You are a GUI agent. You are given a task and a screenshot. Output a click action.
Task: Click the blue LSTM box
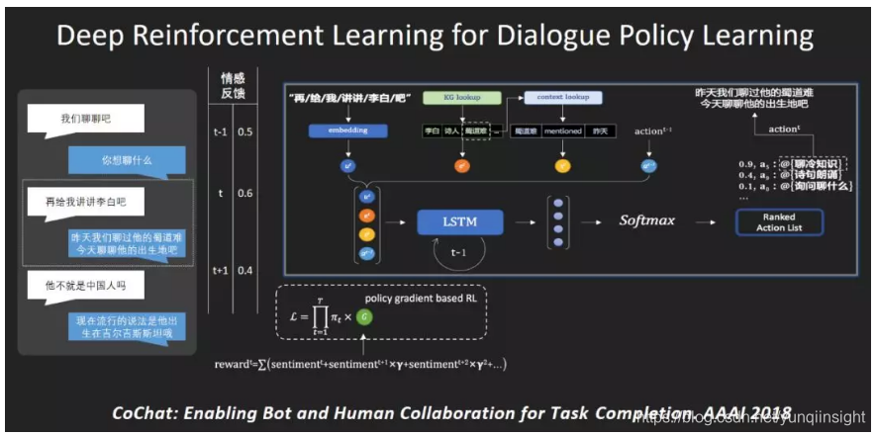coord(459,221)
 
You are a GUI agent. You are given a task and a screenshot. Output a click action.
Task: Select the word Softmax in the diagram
coord(647,220)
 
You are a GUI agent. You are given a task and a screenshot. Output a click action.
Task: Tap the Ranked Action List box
coord(779,222)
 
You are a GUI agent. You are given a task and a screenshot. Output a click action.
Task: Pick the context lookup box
coord(562,98)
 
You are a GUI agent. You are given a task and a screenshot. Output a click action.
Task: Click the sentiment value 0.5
coord(245,131)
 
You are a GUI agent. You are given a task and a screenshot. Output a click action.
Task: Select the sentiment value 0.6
coord(245,195)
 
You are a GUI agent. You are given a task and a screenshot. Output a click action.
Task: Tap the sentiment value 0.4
coord(245,270)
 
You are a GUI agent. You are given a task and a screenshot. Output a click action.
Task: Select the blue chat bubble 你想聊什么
coord(126,158)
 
